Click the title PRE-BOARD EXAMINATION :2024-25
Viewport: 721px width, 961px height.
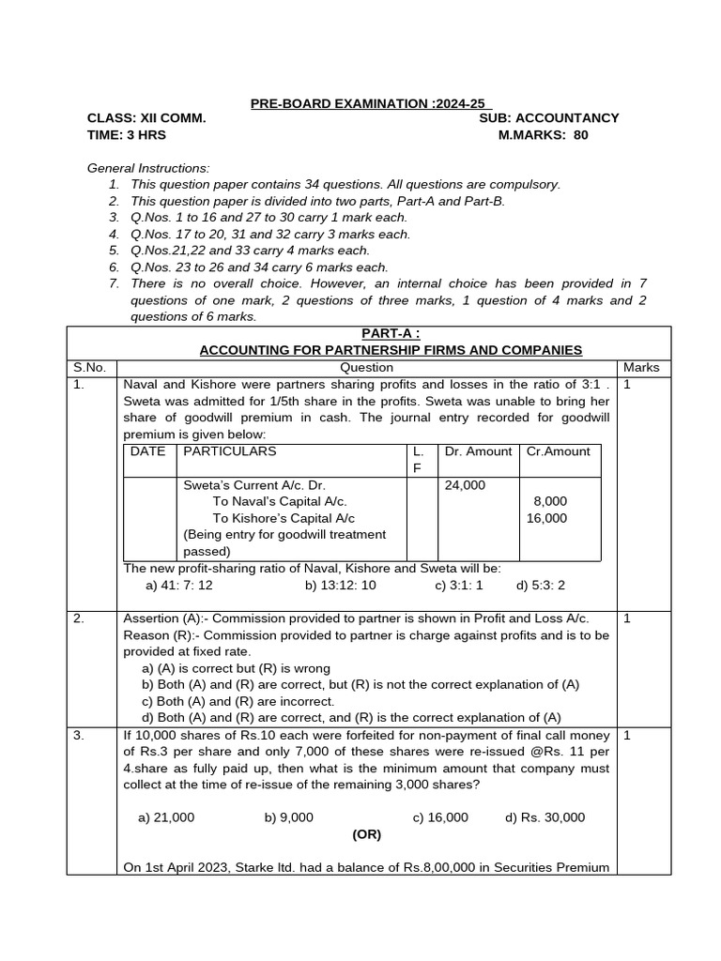[x=370, y=103]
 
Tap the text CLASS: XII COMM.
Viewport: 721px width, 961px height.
[x=146, y=118]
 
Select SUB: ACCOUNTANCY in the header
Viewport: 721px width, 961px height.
[x=548, y=118]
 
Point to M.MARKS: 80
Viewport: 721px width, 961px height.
[x=543, y=135]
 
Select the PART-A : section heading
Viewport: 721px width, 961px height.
[x=391, y=334]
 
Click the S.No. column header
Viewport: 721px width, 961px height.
[x=91, y=368]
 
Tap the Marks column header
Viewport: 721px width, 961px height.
[x=641, y=368]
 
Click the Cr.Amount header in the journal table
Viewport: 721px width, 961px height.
[x=558, y=451]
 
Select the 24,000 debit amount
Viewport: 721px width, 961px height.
[x=465, y=485]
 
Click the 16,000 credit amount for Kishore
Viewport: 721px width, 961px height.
[x=546, y=518]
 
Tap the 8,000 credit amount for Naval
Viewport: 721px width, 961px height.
[x=550, y=502]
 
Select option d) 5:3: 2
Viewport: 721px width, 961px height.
[x=541, y=586]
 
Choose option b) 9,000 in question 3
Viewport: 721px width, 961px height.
[x=288, y=817]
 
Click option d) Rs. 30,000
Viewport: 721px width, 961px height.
[x=545, y=817]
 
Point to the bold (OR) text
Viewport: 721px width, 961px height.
[x=367, y=833]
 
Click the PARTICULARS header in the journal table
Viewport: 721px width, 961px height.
[x=229, y=451]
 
